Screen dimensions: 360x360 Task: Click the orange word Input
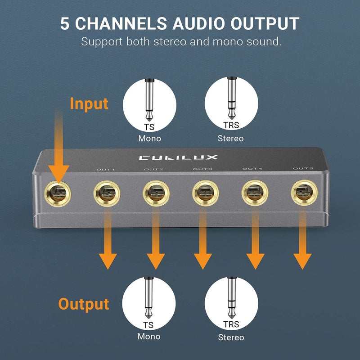[x=89, y=103]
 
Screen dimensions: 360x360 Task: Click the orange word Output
[x=84, y=304]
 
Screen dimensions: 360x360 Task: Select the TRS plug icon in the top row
[x=231, y=99]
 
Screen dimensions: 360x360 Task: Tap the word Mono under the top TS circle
[x=149, y=139]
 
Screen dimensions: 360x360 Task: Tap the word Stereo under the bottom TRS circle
[x=231, y=337]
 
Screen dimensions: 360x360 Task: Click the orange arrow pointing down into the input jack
[x=59, y=148]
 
